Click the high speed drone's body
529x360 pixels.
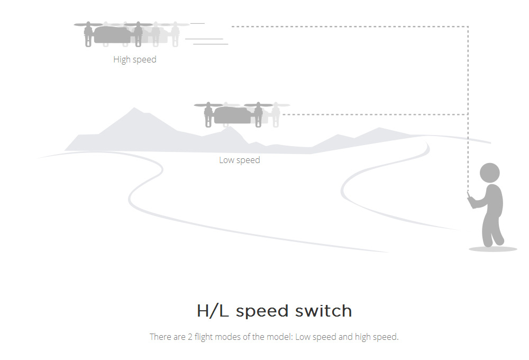coord(112,35)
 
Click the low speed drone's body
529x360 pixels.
coord(233,115)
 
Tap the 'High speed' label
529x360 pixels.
coord(135,60)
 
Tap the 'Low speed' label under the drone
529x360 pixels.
coord(240,160)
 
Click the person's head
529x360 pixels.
coord(489,173)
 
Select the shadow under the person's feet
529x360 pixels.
coord(492,249)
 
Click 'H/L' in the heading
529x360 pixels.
coord(213,311)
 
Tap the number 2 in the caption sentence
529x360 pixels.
coord(190,337)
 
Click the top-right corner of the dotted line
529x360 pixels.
coord(468,26)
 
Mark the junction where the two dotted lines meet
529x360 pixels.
coord(468,114)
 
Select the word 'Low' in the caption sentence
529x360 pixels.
coord(303,337)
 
